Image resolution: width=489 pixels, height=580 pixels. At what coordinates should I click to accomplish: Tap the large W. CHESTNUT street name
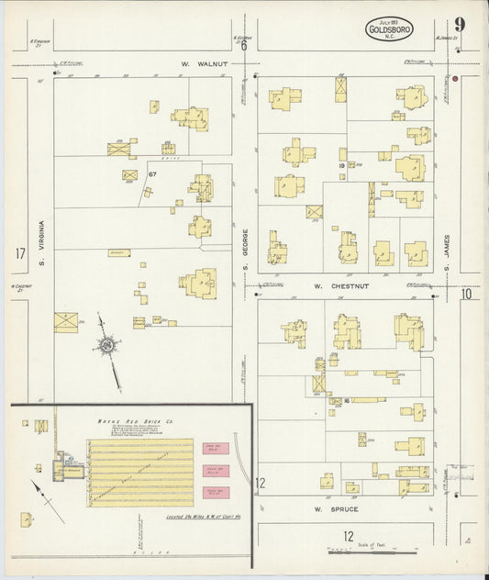[x=340, y=285]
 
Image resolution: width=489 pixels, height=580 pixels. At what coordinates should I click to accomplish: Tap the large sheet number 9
[x=458, y=25]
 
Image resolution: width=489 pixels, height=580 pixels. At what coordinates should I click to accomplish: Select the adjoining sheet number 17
[x=20, y=253]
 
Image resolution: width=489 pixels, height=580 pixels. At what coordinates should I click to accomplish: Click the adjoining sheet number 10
[x=467, y=294]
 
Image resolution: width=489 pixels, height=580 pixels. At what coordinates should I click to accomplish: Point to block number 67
[x=153, y=173]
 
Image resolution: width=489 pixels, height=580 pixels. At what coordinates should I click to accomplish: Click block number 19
[x=340, y=166]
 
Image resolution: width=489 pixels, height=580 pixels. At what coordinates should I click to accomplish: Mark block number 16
[x=348, y=400]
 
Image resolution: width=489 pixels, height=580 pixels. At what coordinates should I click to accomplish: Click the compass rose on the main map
[x=107, y=345]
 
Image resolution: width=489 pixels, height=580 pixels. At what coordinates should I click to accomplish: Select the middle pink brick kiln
[x=214, y=470]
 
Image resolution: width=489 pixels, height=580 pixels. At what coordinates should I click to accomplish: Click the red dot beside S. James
[x=454, y=80]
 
